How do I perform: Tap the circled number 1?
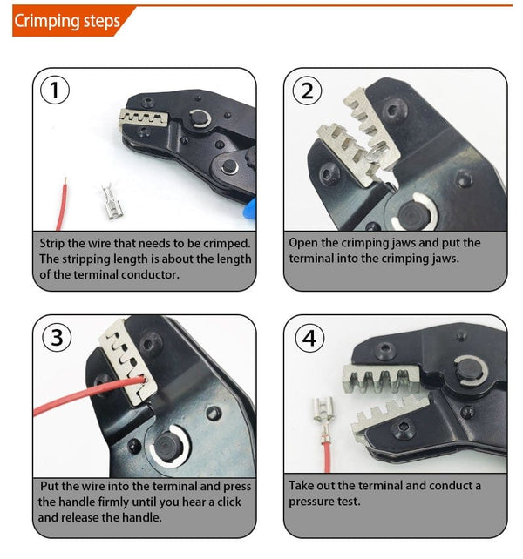coord(57,91)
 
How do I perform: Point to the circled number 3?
coord(57,338)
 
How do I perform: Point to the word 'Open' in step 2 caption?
coord(306,242)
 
